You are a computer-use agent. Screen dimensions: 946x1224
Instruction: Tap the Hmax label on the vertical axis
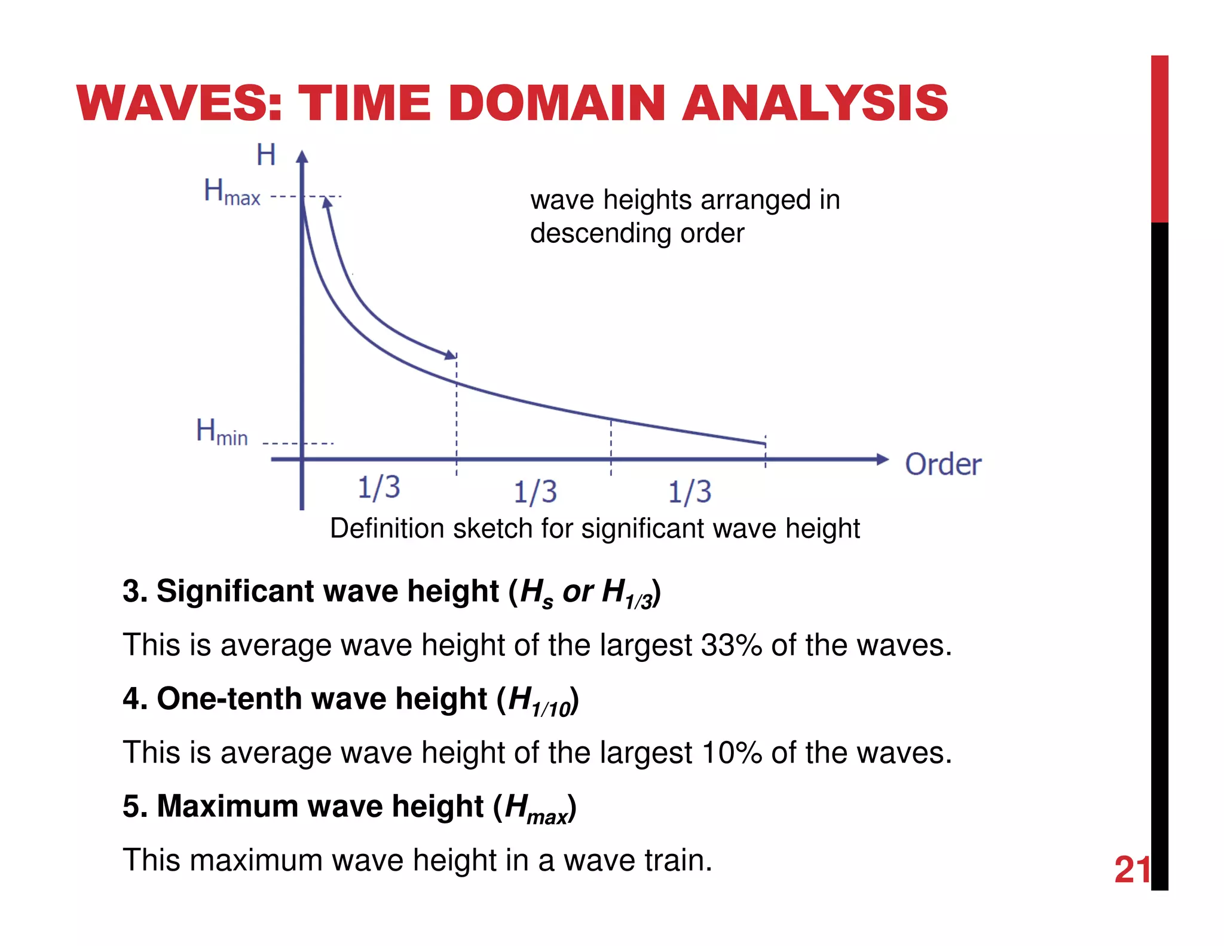pos(232,192)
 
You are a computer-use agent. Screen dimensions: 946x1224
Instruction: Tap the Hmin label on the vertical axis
pos(222,432)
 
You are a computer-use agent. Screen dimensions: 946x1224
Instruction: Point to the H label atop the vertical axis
pos(266,155)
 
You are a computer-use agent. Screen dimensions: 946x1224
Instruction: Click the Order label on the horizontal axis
pos(943,465)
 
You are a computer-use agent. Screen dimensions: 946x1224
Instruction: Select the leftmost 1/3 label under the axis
pos(379,487)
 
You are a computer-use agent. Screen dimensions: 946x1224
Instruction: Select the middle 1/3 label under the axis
pos(535,492)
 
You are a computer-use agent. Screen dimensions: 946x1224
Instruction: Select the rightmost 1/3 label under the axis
pos(690,492)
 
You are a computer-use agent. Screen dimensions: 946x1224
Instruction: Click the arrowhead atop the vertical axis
pos(302,157)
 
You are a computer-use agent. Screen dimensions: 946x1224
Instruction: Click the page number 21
pos(1132,869)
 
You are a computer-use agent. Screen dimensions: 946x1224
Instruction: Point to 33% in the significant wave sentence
pos(731,645)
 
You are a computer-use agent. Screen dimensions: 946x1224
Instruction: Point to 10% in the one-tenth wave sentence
pos(731,753)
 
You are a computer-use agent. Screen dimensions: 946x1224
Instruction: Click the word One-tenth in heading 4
pos(229,698)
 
